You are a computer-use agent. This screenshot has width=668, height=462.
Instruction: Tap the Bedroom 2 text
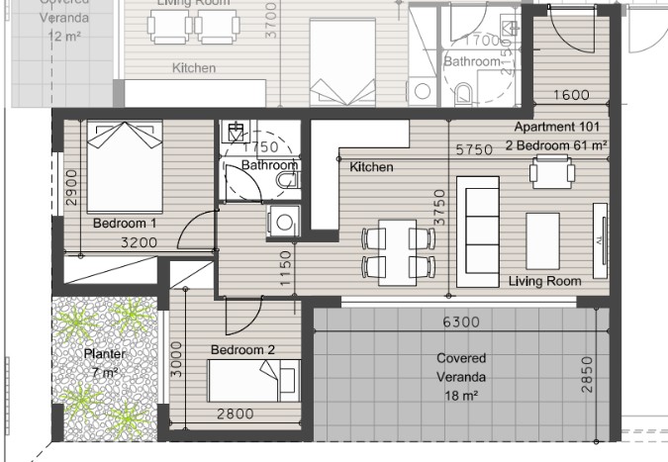click(x=241, y=350)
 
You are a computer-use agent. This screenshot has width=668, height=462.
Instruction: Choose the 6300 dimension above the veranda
click(x=462, y=323)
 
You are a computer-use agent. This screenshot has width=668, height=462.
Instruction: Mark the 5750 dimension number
click(x=475, y=150)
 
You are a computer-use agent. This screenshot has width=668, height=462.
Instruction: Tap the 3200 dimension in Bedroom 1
click(x=139, y=240)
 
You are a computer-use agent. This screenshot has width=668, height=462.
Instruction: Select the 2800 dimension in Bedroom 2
click(x=236, y=415)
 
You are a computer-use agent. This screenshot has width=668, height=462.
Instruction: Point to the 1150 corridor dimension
click(x=286, y=268)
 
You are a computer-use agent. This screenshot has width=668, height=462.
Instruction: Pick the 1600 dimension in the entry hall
click(x=570, y=96)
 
